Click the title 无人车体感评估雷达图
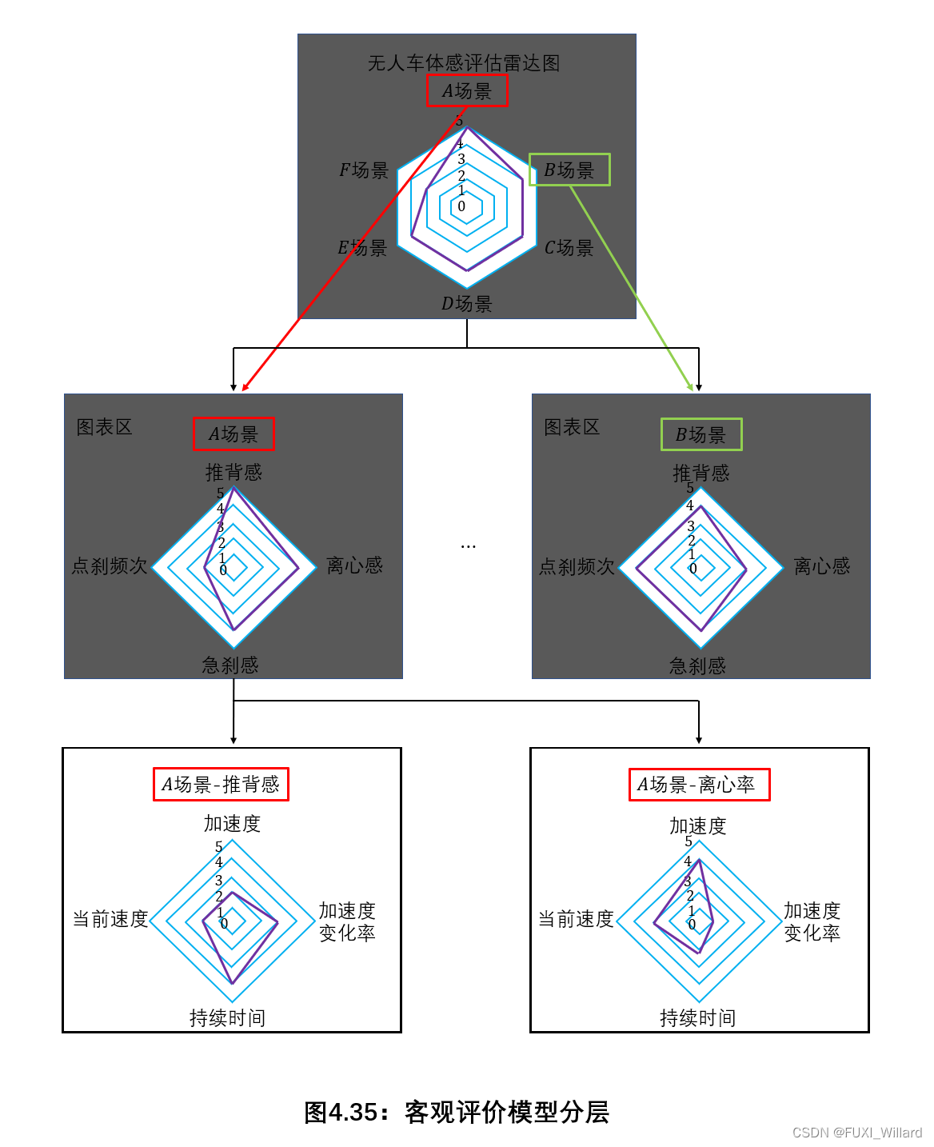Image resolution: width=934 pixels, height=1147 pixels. click(x=464, y=63)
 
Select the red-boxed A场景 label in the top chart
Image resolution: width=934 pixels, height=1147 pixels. click(x=467, y=91)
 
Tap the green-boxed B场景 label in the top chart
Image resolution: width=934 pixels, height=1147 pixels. click(x=569, y=170)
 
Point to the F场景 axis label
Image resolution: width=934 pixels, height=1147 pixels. click(x=364, y=170)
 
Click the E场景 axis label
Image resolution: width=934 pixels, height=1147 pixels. click(x=362, y=248)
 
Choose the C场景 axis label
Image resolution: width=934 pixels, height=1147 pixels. click(x=569, y=248)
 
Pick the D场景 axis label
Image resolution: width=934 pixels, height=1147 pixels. click(x=467, y=304)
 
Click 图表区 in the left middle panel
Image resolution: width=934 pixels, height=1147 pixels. click(x=104, y=427)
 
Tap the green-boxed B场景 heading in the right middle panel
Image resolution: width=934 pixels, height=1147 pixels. click(x=701, y=434)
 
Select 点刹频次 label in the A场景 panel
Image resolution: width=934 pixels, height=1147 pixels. click(x=110, y=566)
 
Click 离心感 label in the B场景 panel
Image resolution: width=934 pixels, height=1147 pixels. click(x=821, y=566)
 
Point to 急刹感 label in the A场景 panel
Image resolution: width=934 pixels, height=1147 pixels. click(x=230, y=665)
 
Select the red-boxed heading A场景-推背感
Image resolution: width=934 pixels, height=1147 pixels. click(x=221, y=784)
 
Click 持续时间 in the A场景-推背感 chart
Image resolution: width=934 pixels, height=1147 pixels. click(x=227, y=1017)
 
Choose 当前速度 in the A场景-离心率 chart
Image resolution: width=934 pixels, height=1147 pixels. click(x=576, y=919)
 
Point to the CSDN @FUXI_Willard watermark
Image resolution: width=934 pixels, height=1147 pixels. click(x=856, y=1133)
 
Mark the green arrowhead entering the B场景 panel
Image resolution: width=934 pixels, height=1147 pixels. click(x=690, y=387)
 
